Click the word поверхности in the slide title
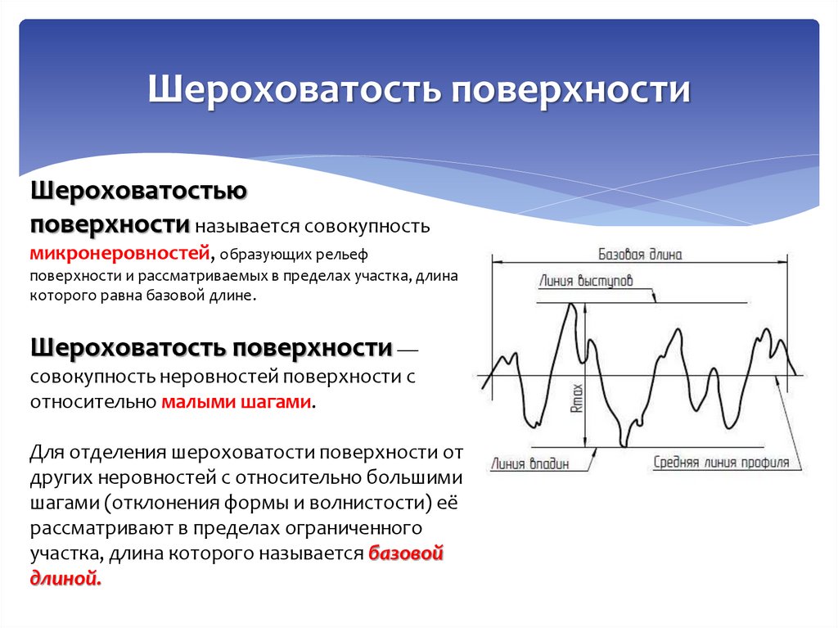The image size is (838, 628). pos(567,89)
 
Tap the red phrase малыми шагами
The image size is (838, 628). pos(237,402)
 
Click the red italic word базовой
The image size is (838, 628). pos(406,553)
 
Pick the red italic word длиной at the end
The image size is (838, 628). pos(66,579)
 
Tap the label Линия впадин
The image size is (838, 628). pos(529,463)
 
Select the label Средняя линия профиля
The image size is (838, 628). pos(721,462)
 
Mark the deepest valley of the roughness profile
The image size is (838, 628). pos(624,445)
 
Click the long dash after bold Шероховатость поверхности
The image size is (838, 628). pos(408,350)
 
